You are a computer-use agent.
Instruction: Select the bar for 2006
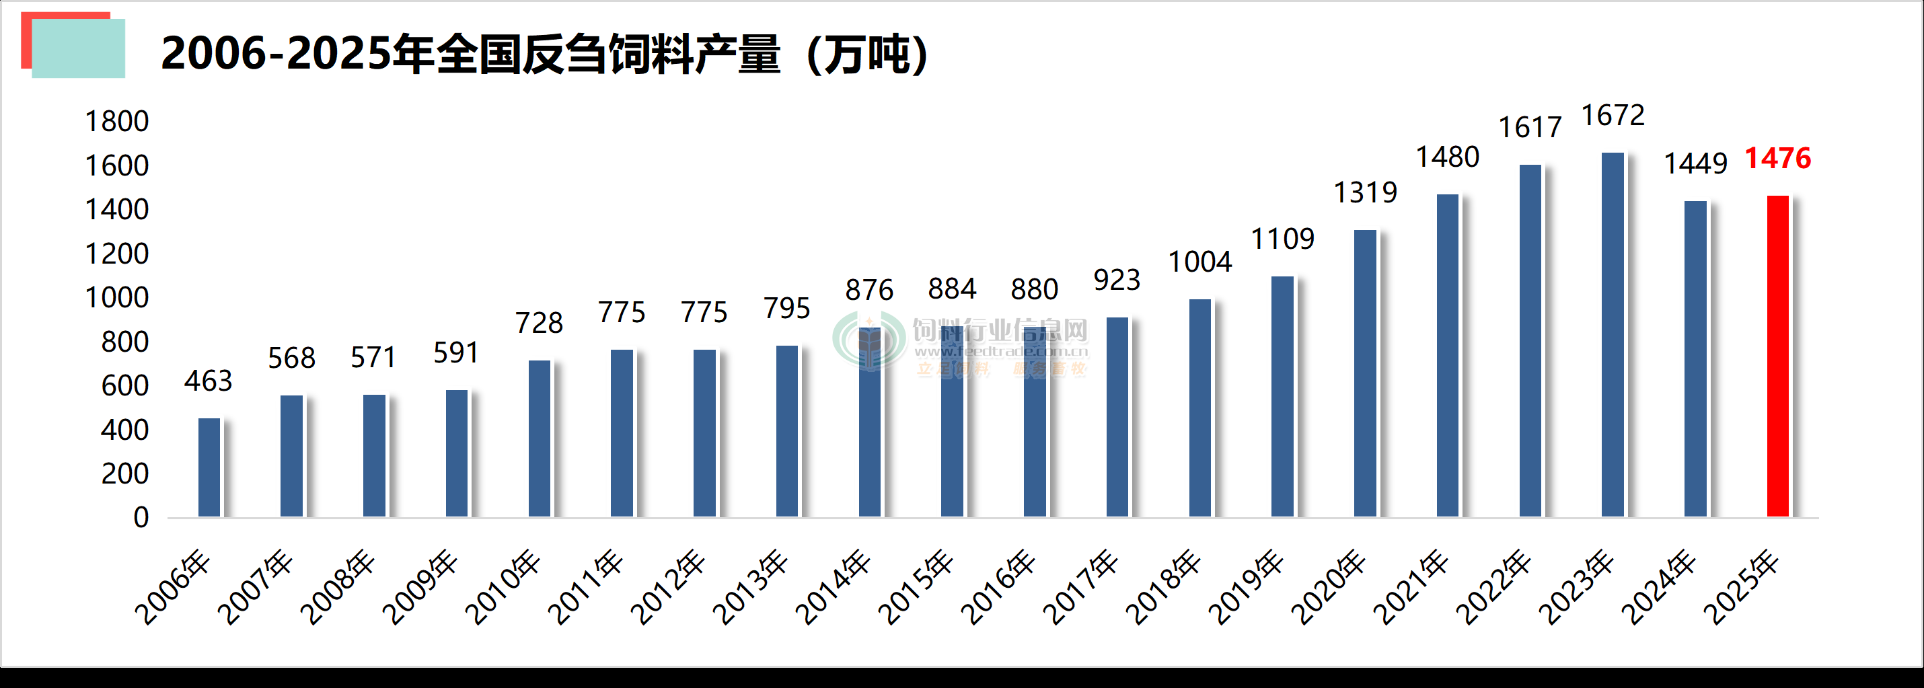click(x=209, y=467)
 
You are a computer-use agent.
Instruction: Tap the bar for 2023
click(x=1613, y=335)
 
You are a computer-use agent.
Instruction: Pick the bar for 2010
click(x=540, y=438)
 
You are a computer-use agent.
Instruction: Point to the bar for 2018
click(x=1199, y=408)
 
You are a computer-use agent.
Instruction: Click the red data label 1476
click(x=1777, y=158)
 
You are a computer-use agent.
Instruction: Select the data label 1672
click(x=1613, y=116)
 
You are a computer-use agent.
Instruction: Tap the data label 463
click(x=209, y=381)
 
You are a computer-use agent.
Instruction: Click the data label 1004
click(x=1199, y=262)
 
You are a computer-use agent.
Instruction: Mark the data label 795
click(x=786, y=309)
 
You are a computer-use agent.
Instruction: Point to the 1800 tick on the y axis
click(x=116, y=122)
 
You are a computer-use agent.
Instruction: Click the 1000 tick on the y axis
click(x=116, y=298)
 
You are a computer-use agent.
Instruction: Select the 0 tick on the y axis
click(x=141, y=518)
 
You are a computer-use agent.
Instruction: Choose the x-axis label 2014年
click(x=834, y=588)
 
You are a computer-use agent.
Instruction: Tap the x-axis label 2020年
click(x=1329, y=588)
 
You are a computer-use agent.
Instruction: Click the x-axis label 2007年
click(x=256, y=588)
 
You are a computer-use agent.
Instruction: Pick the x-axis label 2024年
click(x=1660, y=588)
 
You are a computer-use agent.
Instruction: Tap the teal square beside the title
click(x=79, y=49)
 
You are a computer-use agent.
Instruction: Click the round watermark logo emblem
click(x=868, y=342)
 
